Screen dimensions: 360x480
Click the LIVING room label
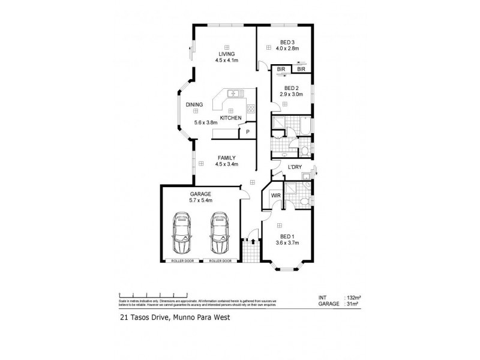[x=227, y=54]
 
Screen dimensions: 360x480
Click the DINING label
[x=194, y=105]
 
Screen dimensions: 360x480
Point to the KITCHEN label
[x=230, y=118]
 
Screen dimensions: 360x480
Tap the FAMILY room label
[x=226, y=157]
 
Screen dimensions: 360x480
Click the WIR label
[x=276, y=196]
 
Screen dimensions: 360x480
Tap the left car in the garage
[x=182, y=234]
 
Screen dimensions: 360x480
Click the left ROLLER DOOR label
[x=182, y=262]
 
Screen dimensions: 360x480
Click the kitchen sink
[x=234, y=93]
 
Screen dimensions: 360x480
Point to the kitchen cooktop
[x=251, y=110]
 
